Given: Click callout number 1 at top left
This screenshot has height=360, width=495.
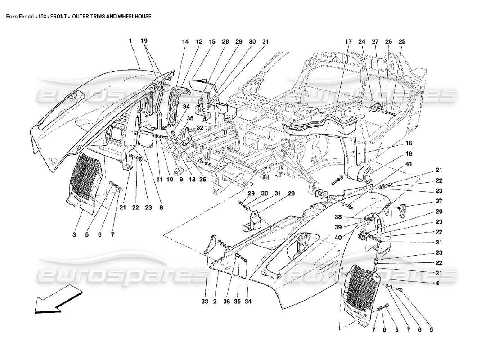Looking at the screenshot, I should tap(130, 41).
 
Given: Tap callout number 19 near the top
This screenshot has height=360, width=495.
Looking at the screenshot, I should tap(144, 41).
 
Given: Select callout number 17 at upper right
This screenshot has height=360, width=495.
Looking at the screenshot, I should tap(348, 41).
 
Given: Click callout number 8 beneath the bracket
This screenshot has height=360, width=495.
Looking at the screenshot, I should tap(161, 208).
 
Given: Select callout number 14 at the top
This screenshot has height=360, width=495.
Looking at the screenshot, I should tap(185, 41).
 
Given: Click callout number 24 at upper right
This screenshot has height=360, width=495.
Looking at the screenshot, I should tap(361, 41).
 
